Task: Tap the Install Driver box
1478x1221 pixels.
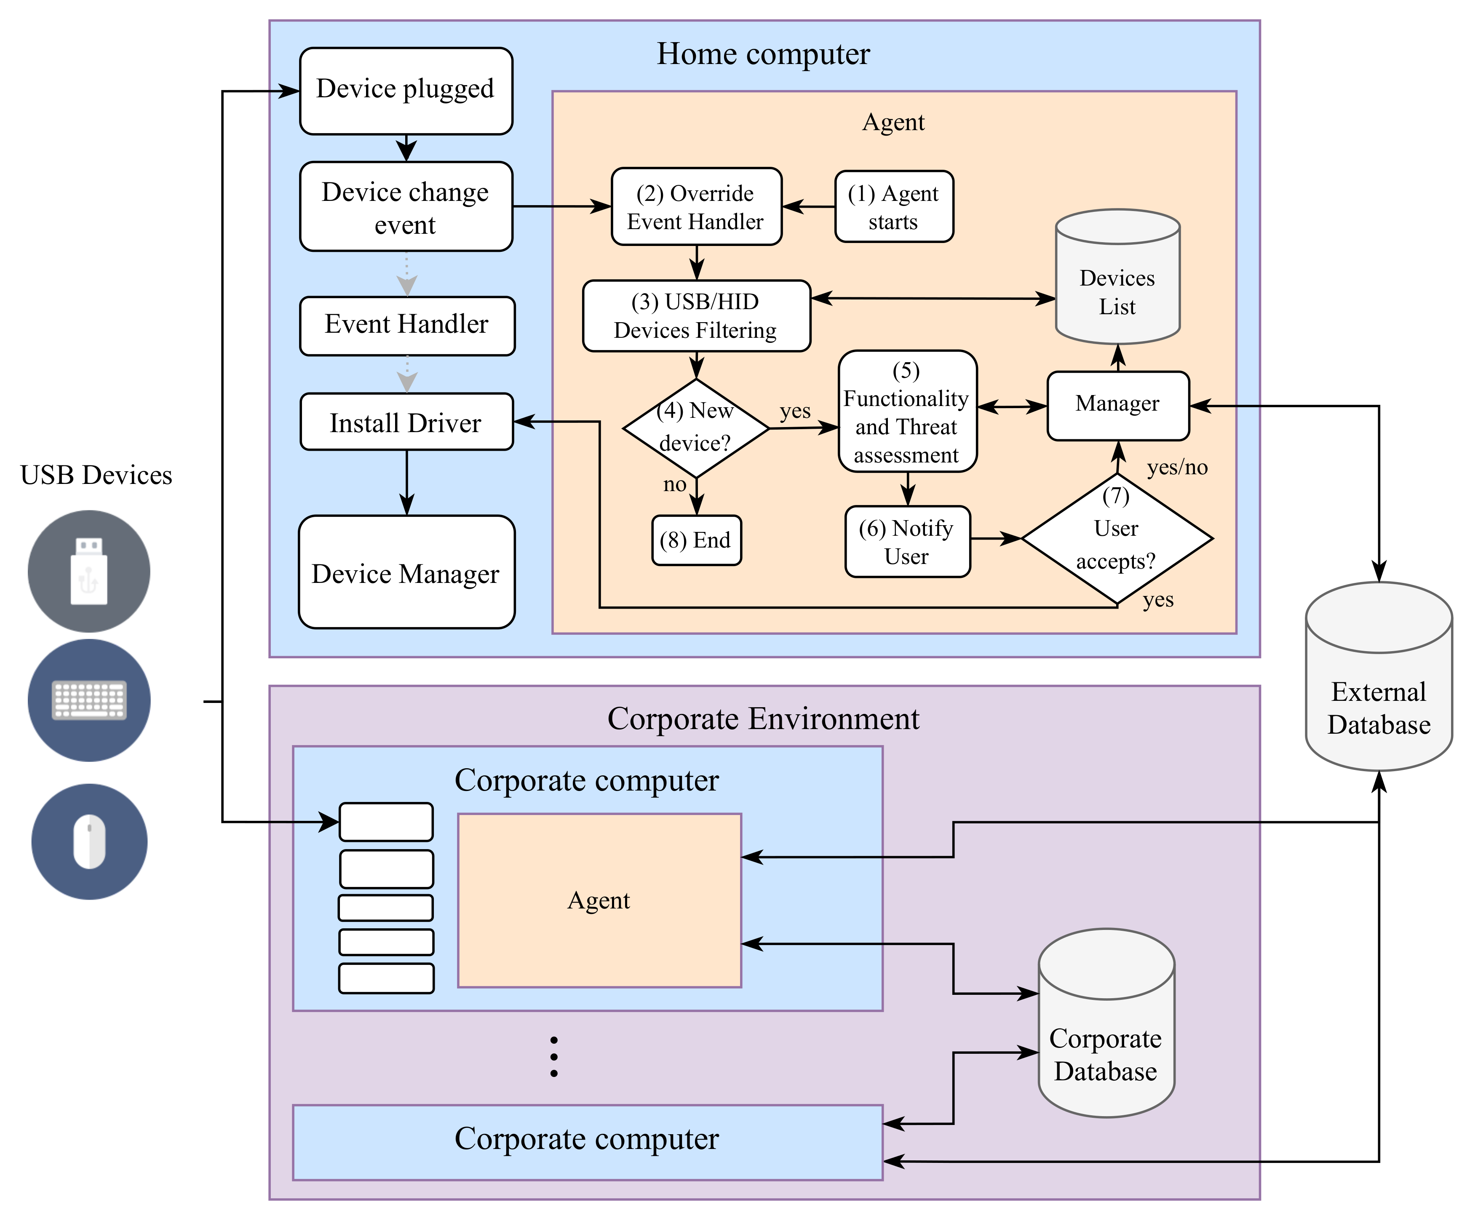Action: coord(406,422)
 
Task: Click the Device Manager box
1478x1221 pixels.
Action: coord(406,572)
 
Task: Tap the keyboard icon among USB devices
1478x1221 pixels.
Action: coord(89,700)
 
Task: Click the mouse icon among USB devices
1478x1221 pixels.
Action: coord(89,841)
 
